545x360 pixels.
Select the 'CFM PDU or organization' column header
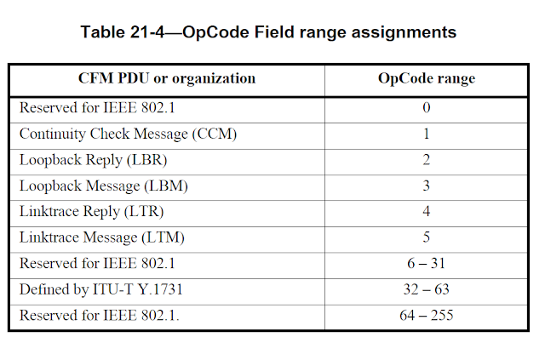[x=167, y=78]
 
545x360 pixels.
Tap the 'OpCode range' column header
[x=427, y=78]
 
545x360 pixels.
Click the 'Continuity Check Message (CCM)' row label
[x=128, y=134]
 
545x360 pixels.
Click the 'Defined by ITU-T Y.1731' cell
[x=101, y=289]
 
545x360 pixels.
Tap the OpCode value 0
[x=427, y=107]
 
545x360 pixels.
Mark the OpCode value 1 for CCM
[x=427, y=134]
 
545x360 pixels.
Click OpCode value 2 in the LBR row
[x=427, y=159]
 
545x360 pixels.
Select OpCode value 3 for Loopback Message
[x=427, y=186]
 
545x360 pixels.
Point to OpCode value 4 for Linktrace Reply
[x=427, y=211]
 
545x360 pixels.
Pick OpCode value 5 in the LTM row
[x=427, y=237]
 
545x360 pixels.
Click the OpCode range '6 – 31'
[x=427, y=264]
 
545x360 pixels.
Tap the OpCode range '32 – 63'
[x=427, y=289]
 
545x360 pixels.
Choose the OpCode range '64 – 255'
[x=427, y=316]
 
